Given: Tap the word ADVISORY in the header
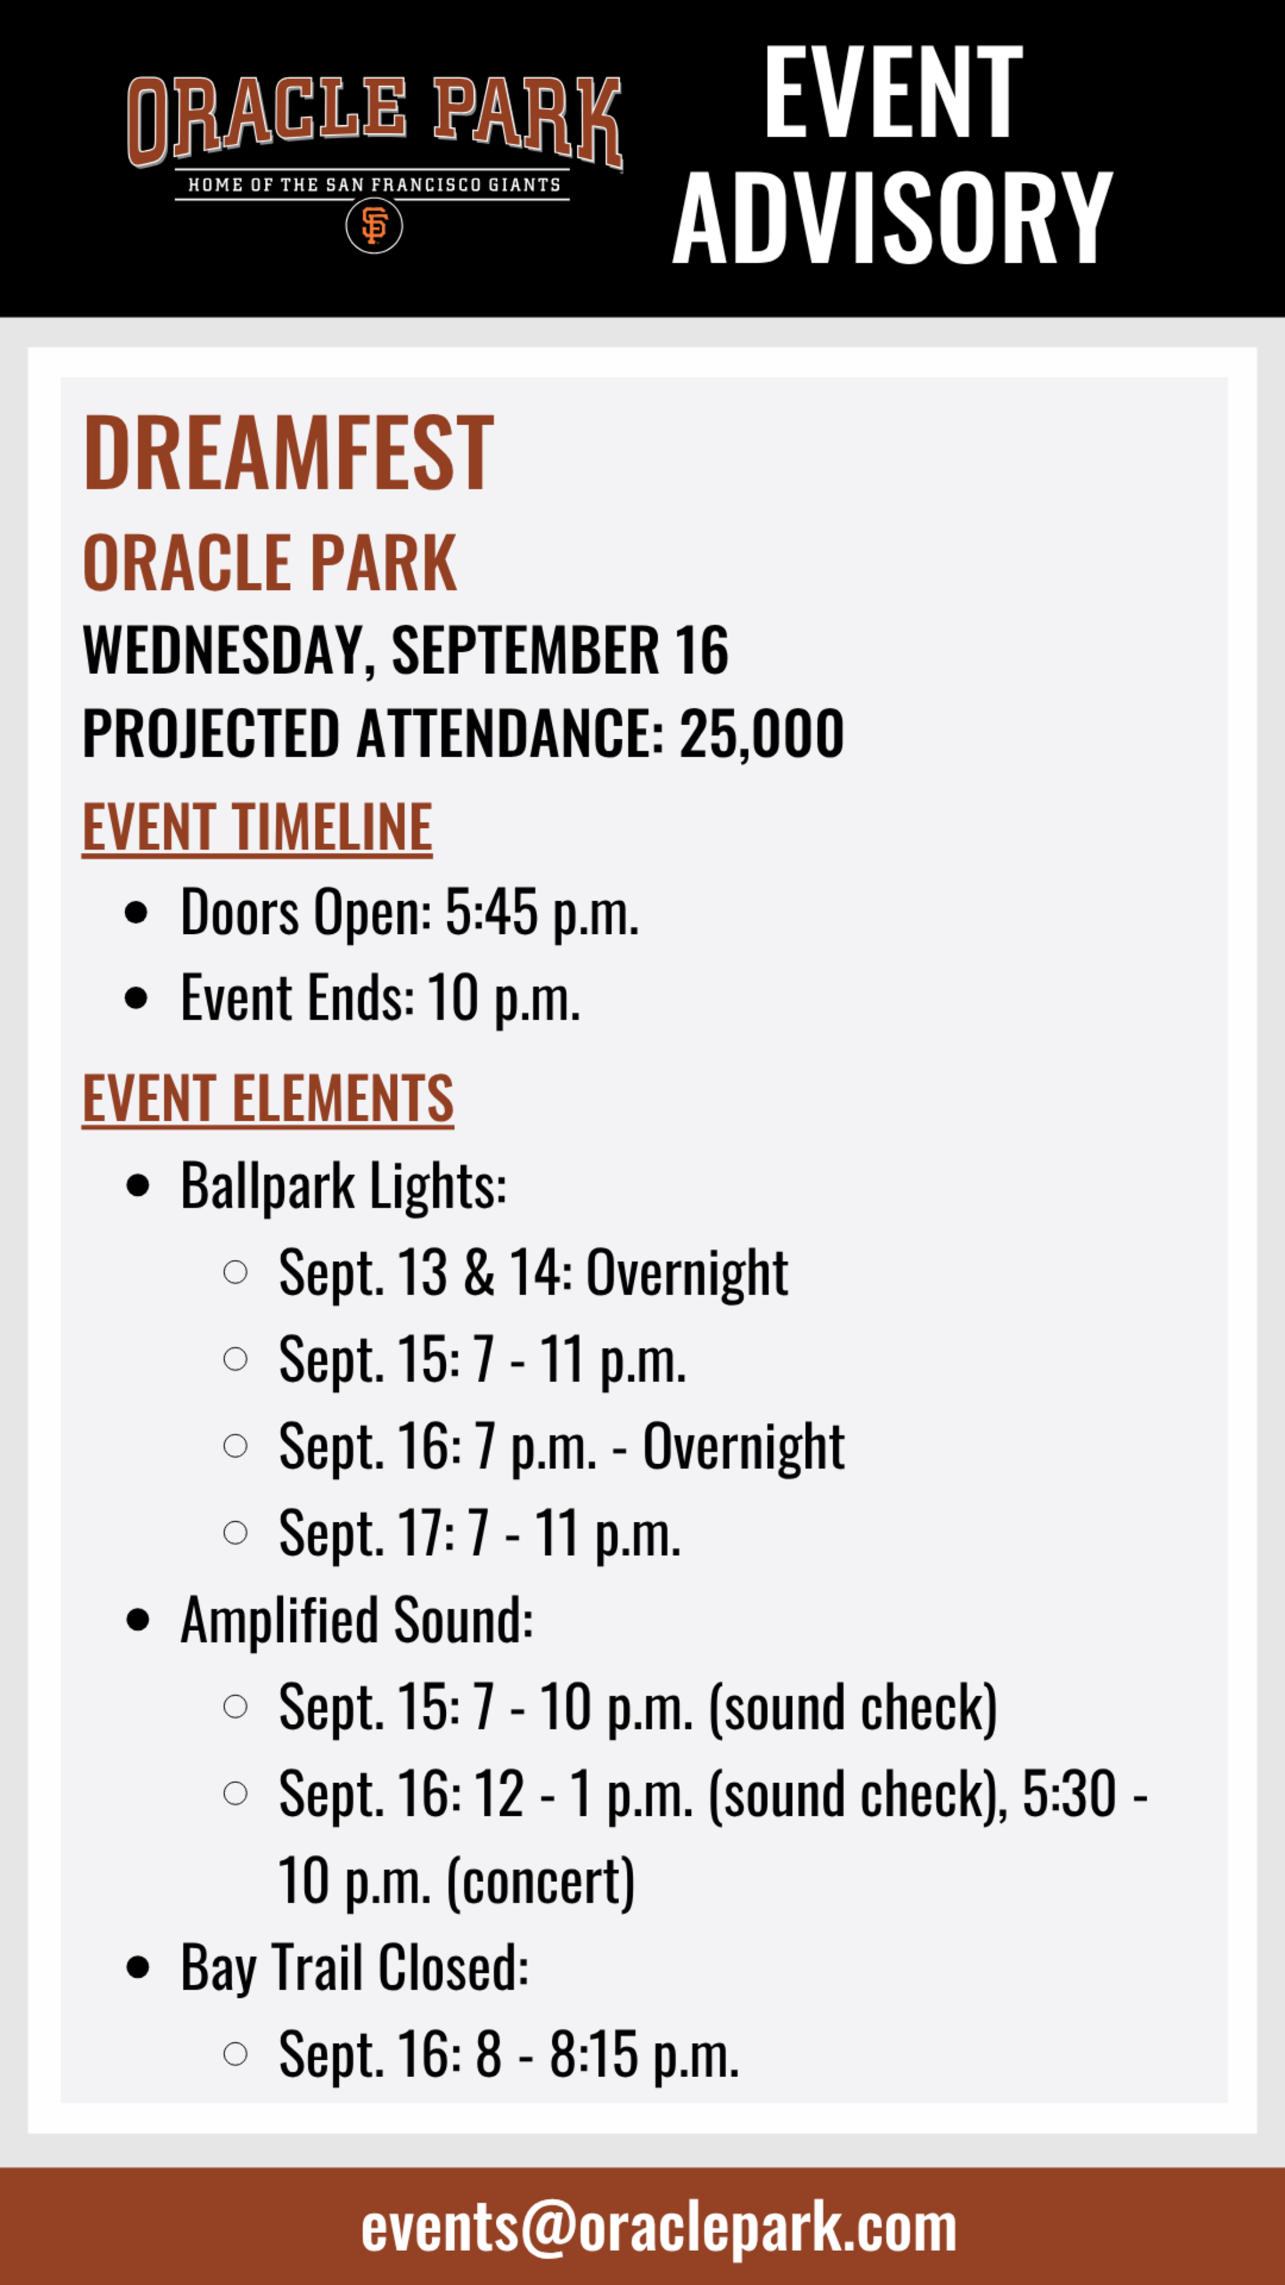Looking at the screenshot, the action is pos(892,218).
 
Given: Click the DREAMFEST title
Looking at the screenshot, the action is pos(288,454).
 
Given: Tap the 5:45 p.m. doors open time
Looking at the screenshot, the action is pos(541,913).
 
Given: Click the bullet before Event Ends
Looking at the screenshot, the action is pos(137,998).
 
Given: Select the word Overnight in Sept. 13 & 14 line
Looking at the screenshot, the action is pos(686,1273).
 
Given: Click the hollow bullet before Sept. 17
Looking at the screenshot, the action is pos(235,1533).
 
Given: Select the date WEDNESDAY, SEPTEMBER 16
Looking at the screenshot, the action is pos(405,650).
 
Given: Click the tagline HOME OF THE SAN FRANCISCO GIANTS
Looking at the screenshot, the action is pos(374,185).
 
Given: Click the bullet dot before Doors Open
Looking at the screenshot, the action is pos(137,913).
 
